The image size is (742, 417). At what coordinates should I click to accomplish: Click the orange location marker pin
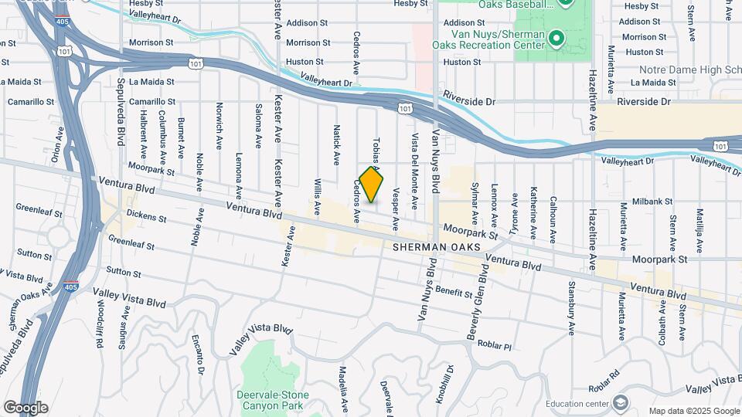point(372,185)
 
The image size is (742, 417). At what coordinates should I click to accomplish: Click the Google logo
point(26,408)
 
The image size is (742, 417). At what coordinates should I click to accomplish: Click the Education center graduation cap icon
point(621,403)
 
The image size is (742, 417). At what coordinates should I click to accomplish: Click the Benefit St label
point(454,293)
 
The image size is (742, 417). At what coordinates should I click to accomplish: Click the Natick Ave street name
point(337,145)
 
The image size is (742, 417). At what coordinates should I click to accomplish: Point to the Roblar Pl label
point(495,344)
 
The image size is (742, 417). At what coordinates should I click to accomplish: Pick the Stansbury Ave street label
point(572,313)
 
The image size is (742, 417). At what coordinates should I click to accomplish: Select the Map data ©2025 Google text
point(693,411)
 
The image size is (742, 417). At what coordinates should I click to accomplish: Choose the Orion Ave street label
point(57,144)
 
